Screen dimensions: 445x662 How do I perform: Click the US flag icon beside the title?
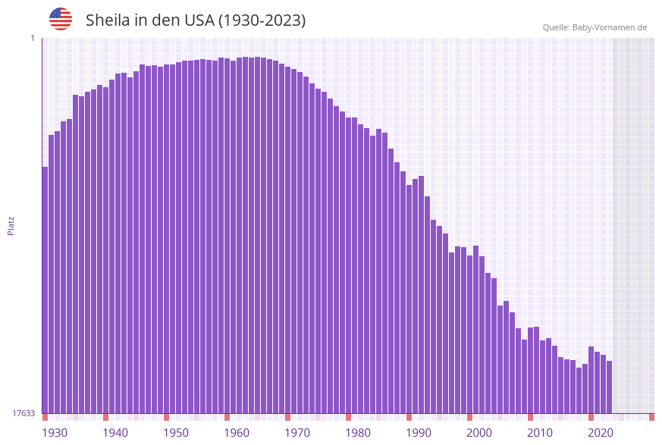tap(61, 19)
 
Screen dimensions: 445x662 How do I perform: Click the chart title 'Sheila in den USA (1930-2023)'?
tap(196, 20)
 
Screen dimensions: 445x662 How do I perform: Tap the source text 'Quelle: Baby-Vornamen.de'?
tap(595, 27)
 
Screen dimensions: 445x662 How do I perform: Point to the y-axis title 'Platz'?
tap(11, 225)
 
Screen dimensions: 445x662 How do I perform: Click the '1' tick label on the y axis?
tap(32, 38)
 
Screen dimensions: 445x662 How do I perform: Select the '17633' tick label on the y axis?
tap(24, 413)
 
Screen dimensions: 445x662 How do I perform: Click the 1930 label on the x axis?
tap(55, 433)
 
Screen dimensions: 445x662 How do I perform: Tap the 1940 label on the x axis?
tap(115, 433)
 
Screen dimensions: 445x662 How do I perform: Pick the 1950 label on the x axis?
tap(176, 433)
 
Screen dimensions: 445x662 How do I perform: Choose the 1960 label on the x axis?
tap(237, 433)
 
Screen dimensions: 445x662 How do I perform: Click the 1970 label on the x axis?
tap(297, 433)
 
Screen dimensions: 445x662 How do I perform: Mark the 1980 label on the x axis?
tap(358, 433)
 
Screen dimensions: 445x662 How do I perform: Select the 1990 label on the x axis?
tap(419, 433)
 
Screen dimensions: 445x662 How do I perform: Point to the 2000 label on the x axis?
tap(479, 433)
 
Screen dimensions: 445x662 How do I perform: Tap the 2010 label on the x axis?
tap(540, 433)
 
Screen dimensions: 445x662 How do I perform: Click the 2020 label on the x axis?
tap(601, 433)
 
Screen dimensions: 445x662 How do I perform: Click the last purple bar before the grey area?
tap(609, 387)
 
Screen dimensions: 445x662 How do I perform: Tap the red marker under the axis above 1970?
tap(287, 417)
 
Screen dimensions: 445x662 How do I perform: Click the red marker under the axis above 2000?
tap(469, 417)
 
